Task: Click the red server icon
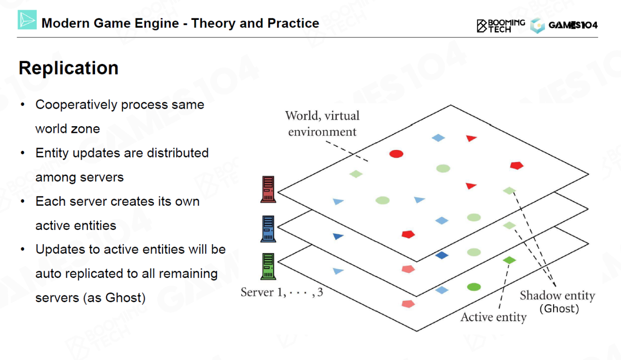[x=268, y=189]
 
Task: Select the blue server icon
[x=268, y=229]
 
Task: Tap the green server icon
[x=268, y=266]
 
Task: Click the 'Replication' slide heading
[x=68, y=68]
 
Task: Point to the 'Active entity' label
[x=493, y=317]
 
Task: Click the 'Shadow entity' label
[x=557, y=295]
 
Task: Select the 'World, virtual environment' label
[x=322, y=123]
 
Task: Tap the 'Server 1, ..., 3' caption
[x=282, y=293]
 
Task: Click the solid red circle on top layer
[x=396, y=154]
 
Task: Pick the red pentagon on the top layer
[x=517, y=165]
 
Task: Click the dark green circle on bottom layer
[x=474, y=287]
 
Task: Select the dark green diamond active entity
[x=509, y=260]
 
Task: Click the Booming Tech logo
[x=501, y=25]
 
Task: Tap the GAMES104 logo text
[x=572, y=25]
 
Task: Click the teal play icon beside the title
[x=27, y=20]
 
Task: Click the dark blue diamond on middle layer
[x=441, y=255]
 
